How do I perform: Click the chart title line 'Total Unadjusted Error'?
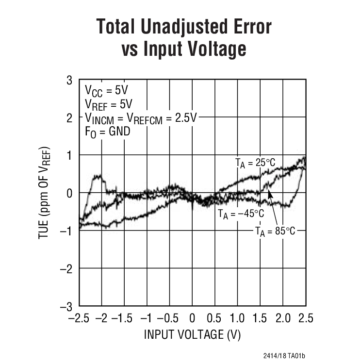pos(184,27)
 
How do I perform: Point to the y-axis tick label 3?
pos(69,80)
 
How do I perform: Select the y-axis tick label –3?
pos(66,306)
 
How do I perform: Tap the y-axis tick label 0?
pos(69,193)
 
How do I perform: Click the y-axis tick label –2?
pos(66,268)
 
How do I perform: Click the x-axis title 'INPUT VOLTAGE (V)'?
pos(192,335)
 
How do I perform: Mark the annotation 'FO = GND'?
pos(104,131)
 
